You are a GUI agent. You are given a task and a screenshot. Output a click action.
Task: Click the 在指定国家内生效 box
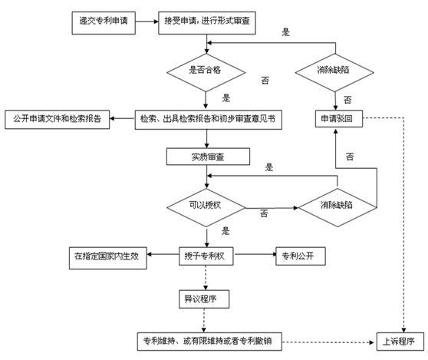104,255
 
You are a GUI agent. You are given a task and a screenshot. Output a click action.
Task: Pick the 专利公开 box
305,255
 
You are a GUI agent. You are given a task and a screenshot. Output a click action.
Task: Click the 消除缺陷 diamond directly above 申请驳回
337,70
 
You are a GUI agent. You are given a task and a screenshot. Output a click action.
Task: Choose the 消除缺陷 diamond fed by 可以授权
337,206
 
